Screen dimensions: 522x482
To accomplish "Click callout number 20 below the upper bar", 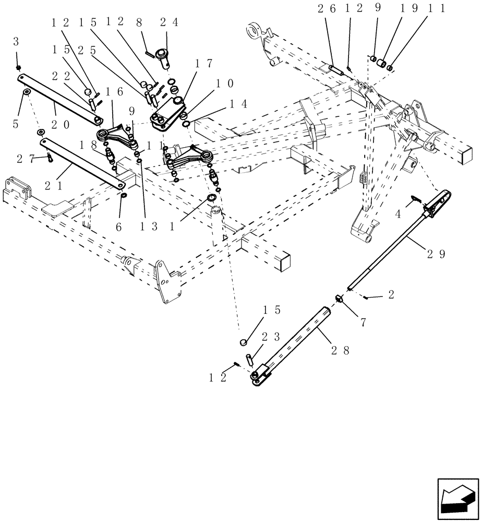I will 61,125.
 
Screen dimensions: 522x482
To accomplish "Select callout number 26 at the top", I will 329,8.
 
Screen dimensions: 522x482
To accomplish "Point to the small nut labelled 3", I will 19,68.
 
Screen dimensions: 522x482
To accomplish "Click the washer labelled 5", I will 26,92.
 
